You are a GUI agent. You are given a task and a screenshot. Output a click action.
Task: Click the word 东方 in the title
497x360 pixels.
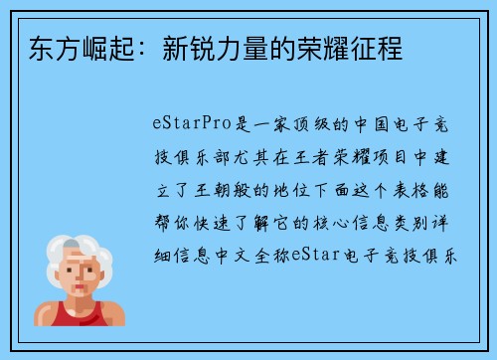pos(41,47)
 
